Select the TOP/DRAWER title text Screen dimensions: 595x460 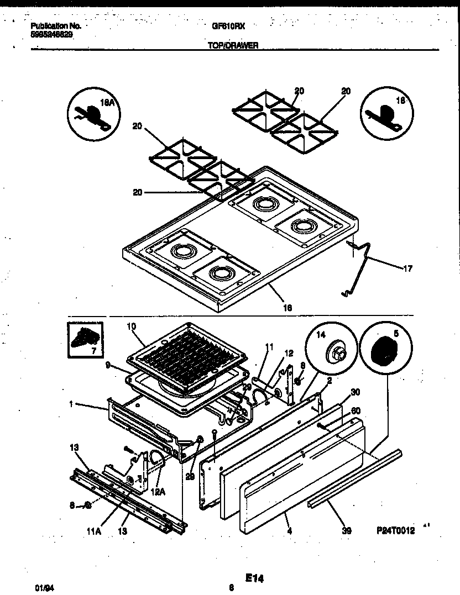click(x=233, y=47)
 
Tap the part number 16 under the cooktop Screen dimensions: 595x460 click(x=287, y=308)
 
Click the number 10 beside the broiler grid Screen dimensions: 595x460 click(x=131, y=325)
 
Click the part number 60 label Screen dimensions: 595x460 click(x=356, y=410)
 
